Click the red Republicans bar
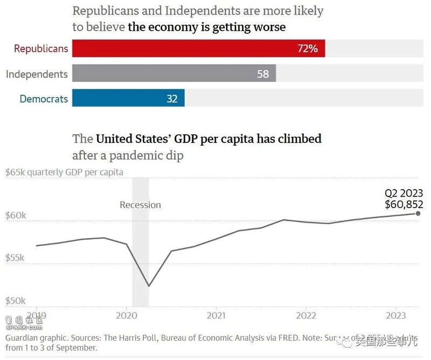pos(198,49)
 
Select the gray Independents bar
pos(173,73)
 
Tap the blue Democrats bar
pos(128,98)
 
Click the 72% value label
pos(308,49)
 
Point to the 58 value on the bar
pos(263,74)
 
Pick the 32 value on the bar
pos(172,99)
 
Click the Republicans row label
pos(41,49)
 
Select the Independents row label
pos(37,74)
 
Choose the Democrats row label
pos(44,99)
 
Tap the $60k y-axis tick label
pos(16,216)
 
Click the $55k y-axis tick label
pos(16,258)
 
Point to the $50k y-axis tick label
pos(16,300)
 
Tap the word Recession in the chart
pos(140,205)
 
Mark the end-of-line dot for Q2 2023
pos(418,213)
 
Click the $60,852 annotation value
pos(404,204)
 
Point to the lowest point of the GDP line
pos(149,286)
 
